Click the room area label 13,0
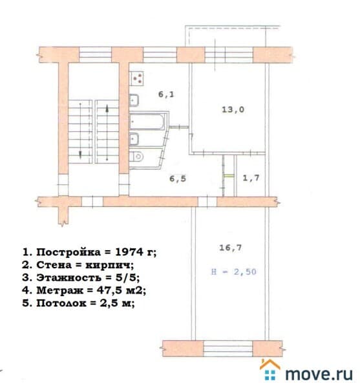point(233,109)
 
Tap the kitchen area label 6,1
point(166,94)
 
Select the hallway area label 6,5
point(178,178)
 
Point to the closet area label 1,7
point(251,178)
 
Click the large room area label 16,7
point(231,248)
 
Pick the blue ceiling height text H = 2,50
point(234,272)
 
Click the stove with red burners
point(137,78)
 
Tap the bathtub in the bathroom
point(147,122)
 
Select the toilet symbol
point(137,156)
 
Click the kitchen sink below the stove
point(134,100)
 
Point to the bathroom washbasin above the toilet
point(134,139)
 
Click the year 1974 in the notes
point(129,252)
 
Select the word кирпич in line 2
point(109,265)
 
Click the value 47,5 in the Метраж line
point(109,290)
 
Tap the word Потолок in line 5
point(61,303)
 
